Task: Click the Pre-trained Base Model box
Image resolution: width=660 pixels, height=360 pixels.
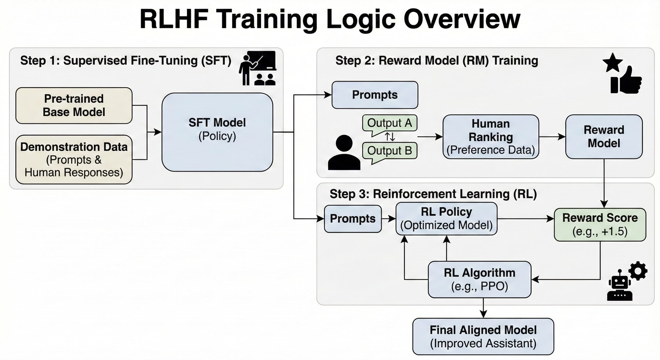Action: point(74,105)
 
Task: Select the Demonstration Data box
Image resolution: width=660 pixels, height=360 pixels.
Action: point(74,159)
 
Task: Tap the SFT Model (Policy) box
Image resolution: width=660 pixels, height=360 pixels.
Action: point(217,132)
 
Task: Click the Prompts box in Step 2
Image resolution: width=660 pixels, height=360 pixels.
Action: point(375,95)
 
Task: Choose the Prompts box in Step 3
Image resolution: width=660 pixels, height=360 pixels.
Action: point(352,219)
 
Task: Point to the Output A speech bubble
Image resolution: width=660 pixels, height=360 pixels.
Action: point(390,123)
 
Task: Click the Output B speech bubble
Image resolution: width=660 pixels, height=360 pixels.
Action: point(390,151)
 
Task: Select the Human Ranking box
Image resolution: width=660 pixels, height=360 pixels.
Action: point(490,137)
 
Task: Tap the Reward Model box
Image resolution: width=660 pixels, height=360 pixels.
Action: point(604,137)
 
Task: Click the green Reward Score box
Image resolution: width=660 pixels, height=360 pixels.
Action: point(600,225)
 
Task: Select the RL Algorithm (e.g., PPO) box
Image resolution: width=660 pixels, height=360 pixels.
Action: point(479,279)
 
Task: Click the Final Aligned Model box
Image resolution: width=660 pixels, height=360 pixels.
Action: point(483,336)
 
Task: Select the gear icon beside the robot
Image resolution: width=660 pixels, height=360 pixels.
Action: point(638,271)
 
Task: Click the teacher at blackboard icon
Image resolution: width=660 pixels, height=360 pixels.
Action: point(258,68)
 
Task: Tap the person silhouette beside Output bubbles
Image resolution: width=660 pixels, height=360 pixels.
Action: point(344,153)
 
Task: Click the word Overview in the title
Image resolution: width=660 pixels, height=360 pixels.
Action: point(462,19)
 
